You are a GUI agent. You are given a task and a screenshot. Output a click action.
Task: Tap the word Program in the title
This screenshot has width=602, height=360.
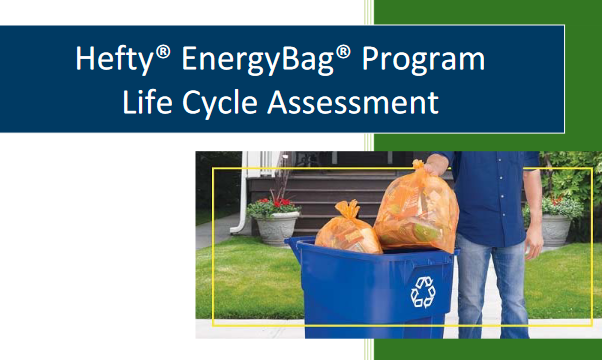pyautogui.click(x=423, y=59)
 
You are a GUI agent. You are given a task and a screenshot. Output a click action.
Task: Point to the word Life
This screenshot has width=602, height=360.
pyautogui.click(x=146, y=101)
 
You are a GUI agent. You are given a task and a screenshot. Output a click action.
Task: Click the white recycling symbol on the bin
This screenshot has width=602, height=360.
pyautogui.click(x=423, y=291)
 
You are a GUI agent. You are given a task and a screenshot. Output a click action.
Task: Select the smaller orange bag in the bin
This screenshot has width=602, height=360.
pyautogui.click(x=345, y=231)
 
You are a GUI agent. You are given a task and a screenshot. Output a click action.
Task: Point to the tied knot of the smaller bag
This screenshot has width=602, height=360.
pyautogui.click(x=347, y=207)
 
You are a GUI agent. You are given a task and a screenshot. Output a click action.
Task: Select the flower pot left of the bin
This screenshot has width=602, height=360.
pyautogui.click(x=274, y=224)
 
